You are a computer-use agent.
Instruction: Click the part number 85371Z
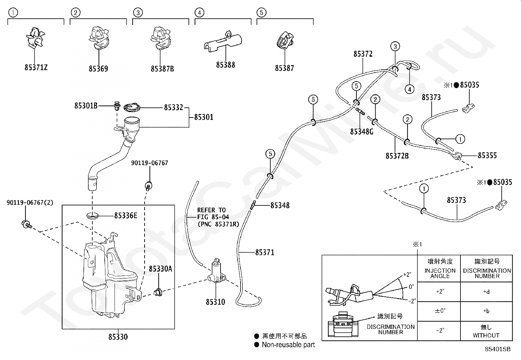point(36,67)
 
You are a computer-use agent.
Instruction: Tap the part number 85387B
point(162,69)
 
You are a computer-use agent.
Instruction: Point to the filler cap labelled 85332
point(132,107)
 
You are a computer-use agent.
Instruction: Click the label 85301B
point(86,106)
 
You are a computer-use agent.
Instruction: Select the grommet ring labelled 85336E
point(92,216)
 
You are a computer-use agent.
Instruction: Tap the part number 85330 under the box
point(118,337)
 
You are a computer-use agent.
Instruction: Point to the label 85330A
point(160,269)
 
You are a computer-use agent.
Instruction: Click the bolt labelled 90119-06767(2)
point(27,224)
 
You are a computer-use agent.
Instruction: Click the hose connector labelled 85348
point(253,205)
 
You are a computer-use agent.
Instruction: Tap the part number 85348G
point(362,132)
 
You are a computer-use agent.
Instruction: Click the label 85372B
point(397,156)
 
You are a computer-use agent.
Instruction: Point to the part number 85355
point(487,155)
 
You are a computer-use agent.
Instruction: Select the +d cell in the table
point(486,292)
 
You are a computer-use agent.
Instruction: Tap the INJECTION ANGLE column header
point(440,273)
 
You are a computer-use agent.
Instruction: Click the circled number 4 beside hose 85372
point(409,89)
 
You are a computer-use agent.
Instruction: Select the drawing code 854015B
point(497,349)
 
